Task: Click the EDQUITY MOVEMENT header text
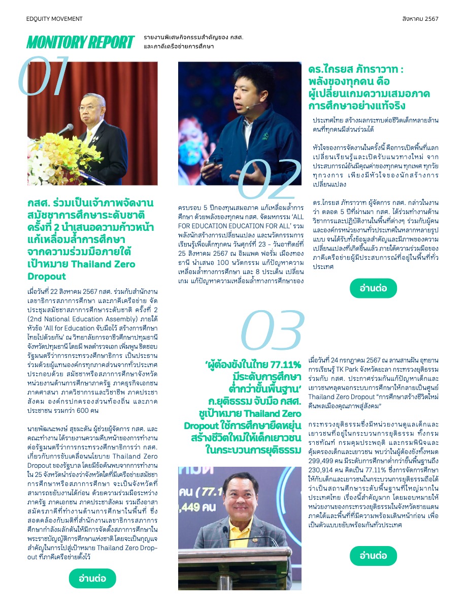[x=54, y=19]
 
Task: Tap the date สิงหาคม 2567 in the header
[x=420, y=19]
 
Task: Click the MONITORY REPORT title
[x=80, y=43]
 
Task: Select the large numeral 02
[x=269, y=179]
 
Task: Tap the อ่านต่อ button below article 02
[x=373, y=288]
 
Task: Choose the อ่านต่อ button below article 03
[x=373, y=556]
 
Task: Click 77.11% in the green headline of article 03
[x=282, y=365]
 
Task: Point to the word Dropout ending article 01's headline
[x=47, y=277]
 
